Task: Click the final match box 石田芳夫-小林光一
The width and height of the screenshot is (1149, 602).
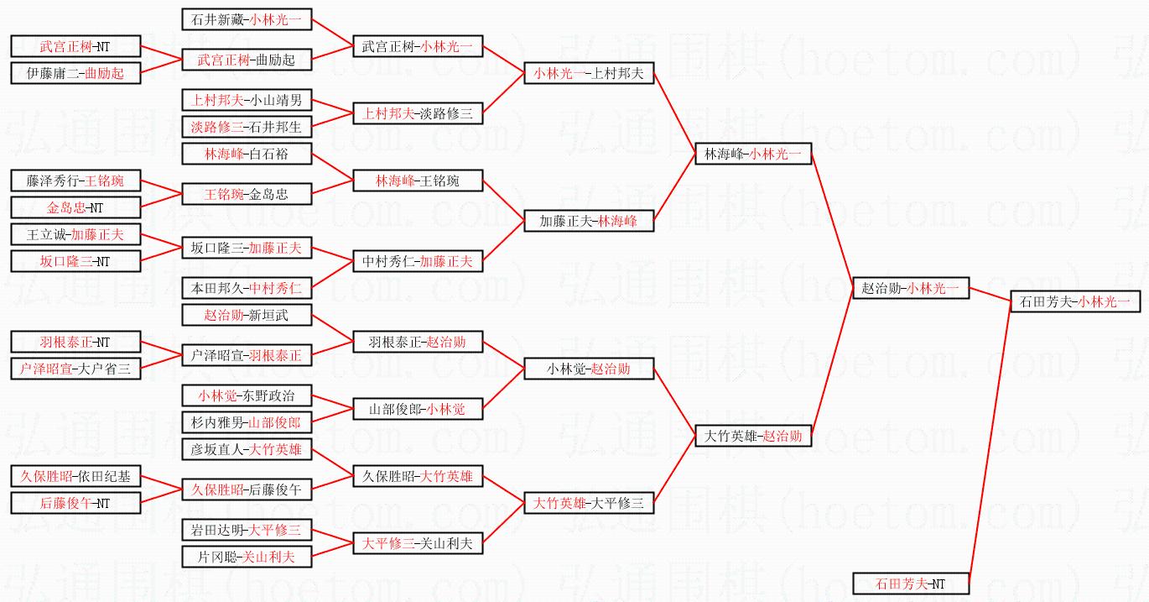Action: click(x=1075, y=301)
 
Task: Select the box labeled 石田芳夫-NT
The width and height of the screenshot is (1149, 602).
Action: click(x=910, y=584)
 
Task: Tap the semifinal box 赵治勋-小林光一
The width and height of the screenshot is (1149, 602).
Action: click(x=910, y=288)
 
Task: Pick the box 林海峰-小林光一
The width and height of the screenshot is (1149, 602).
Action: click(x=753, y=154)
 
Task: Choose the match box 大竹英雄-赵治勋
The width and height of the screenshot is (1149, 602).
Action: click(x=753, y=436)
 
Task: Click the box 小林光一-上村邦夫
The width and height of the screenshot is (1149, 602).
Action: click(x=589, y=73)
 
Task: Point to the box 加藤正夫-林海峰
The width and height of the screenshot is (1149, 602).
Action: click(x=589, y=221)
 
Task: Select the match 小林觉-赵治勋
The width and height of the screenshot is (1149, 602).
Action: click(x=589, y=369)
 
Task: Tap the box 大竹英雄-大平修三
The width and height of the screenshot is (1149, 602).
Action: click(x=589, y=503)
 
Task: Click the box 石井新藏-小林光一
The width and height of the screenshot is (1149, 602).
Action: click(x=247, y=19)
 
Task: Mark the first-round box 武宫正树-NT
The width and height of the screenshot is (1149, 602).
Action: click(x=75, y=47)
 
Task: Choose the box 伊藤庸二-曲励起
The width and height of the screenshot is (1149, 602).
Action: click(x=75, y=73)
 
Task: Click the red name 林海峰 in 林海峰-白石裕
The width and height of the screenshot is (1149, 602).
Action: click(x=222, y=154)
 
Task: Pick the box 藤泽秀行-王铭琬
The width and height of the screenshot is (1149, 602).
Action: click(x=75, y=181)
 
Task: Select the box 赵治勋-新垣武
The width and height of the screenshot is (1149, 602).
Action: click(x=247, y=315)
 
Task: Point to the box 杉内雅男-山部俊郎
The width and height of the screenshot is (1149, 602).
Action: click(x=247, y=422)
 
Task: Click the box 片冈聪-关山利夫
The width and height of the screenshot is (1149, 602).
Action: click(x=247, y=556)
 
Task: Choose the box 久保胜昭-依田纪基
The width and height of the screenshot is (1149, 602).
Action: click(x=75, y=477)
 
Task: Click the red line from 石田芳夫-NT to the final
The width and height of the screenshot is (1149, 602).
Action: click(x=990, y=445)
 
